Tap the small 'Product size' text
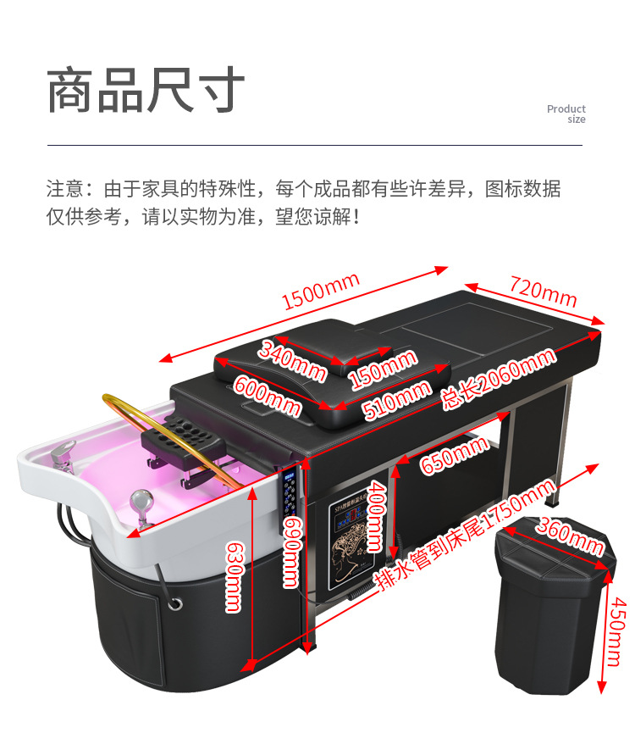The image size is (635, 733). pyautogui.click(x=566, y=114)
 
